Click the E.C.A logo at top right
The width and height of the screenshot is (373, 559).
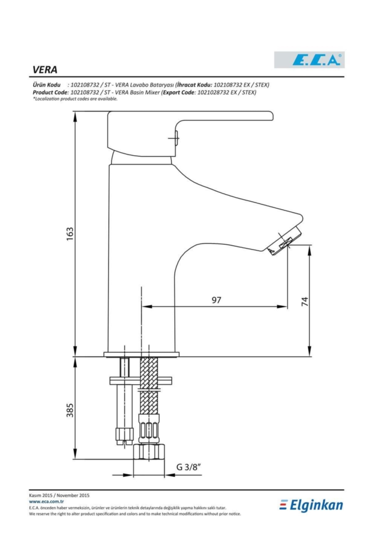309,60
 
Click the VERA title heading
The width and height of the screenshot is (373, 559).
45,70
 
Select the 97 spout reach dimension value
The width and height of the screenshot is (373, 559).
216,300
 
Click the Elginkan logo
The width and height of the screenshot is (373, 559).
311,505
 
